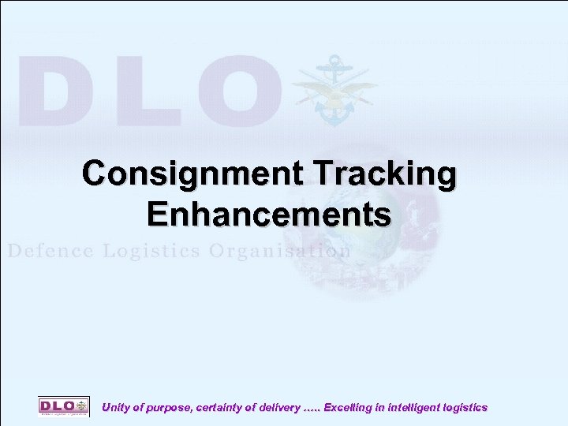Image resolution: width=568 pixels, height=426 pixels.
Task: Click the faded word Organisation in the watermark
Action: (x=280, y=251)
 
